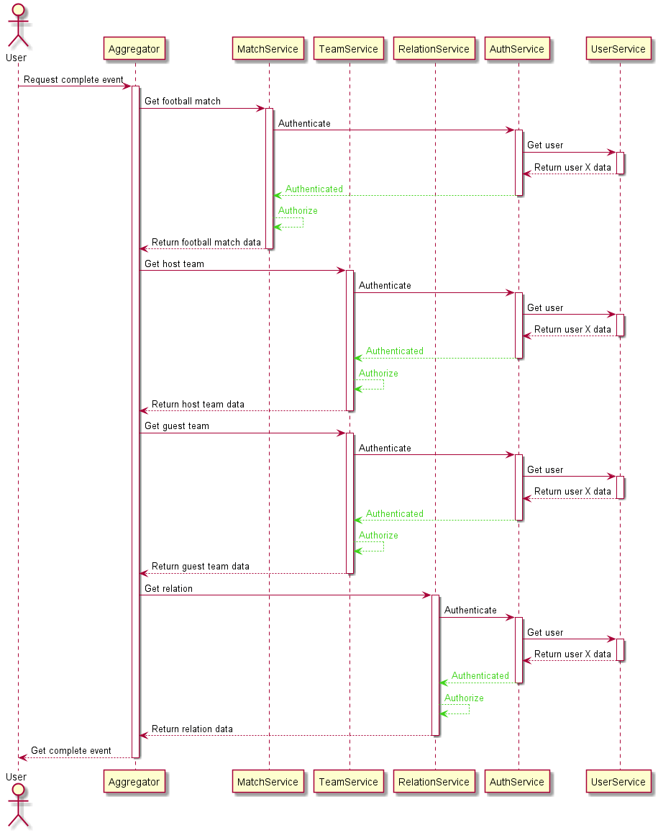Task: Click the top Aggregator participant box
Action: [x=134, y=49]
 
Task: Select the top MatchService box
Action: [x=268, y=49]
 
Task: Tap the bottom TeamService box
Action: [x=349, y=781]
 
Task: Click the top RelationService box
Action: [x=434, y=49]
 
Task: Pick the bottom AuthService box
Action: [x=517, y=781]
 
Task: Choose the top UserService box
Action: [x=618, y=49]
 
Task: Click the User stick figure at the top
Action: [x=18, y=25]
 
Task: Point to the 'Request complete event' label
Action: [x=73, y=80]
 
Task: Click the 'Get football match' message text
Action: [x=183, y=101]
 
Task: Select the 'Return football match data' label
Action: [x=206, y=242]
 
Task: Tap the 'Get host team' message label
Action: [x=174, y=264]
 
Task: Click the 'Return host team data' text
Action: [x=198, y=405]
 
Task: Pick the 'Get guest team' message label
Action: [x=177, y=426]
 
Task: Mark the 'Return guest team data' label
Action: [x=201, y=567]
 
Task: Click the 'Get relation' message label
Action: [x=168, y=589]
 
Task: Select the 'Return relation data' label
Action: [x=192, y=729]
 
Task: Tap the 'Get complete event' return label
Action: [x=71, y=751]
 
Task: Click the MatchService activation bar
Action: [x=269, y=179]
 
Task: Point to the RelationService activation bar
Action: [x=435, y=665]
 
